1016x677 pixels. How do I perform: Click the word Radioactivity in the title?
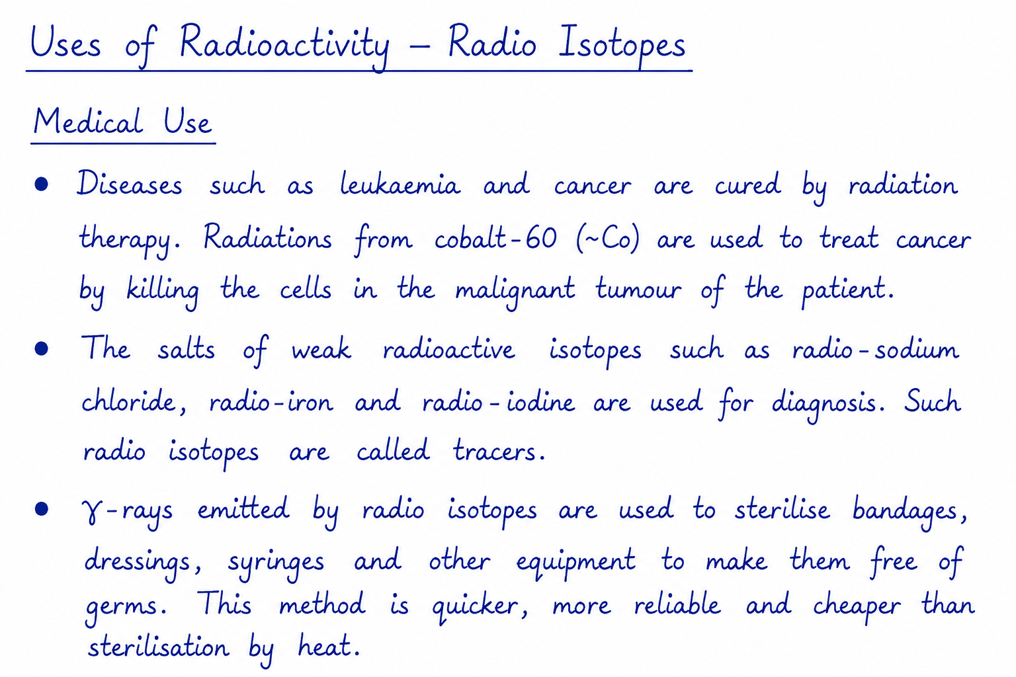tap(284, 46)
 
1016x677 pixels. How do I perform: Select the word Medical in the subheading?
tap(89, 122)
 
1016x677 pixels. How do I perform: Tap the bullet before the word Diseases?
tap(41, 184)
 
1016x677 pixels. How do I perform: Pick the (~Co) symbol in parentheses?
tap(608, 239)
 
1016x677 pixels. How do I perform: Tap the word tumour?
tap(638, 290)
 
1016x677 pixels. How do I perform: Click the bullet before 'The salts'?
tap(41, 348)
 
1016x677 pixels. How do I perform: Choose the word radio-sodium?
tap(875, 349)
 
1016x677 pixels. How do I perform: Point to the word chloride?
tap(129, 401)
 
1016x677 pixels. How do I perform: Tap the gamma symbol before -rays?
tap(91, 512)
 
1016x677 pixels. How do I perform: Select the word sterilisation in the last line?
tap(158, 646)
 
